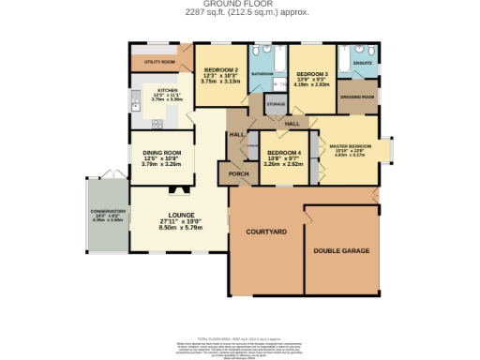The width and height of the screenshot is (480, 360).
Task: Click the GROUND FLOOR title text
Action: tap(239, 4)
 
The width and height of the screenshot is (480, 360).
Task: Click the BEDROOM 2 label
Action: tap(221, 70)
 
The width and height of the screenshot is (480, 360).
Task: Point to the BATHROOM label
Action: tap(262, 73)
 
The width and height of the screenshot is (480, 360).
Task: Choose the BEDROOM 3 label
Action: tap(312, 73)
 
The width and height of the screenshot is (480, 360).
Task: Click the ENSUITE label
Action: tap(363, 64)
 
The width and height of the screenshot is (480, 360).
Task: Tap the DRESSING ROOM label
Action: tap(357, 97)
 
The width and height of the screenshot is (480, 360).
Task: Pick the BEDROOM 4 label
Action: tap(284, 153)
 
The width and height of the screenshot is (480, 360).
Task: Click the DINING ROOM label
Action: tap(161, 152)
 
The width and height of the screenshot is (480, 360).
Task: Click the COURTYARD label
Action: tap(265, 231)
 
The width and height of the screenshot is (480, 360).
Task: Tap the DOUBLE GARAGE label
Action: tap(340, 251)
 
